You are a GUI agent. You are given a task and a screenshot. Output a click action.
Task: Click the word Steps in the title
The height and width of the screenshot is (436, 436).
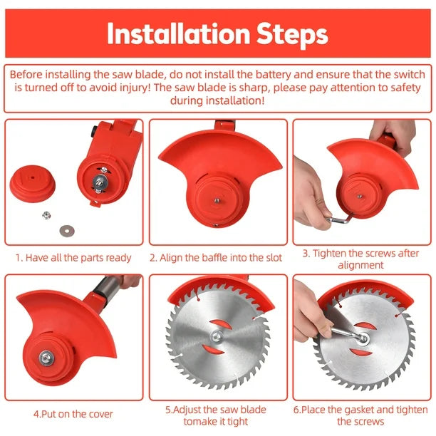coord(292,34)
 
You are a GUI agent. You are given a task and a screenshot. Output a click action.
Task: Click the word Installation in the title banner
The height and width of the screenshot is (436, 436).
coord(178,33)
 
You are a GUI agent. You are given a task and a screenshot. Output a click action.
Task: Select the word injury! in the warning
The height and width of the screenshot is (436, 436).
coord(134,88)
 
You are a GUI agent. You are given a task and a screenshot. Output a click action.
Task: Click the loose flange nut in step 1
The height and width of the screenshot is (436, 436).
coord(46,215)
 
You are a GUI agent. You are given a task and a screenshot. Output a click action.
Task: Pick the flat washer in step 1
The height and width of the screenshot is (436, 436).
coord(67,231)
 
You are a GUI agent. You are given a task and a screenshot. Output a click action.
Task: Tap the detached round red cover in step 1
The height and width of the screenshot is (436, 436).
coord(33,184)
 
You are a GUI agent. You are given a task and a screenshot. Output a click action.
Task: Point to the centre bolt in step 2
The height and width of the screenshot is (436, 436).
coord(217,200)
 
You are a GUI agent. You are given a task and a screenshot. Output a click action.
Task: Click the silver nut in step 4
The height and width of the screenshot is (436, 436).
coord(46,358)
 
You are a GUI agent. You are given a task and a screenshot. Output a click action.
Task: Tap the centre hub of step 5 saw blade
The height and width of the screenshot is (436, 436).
coord(217,336)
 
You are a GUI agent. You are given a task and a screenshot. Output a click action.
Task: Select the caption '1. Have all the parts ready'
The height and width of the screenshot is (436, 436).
coord(73,258)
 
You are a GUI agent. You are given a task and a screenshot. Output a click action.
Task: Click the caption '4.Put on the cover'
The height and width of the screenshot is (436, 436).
coord(73,414)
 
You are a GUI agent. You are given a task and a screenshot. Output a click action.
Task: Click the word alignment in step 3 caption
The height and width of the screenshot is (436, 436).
coord(360,265)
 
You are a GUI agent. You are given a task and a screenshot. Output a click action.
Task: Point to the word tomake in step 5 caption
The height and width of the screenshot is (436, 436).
coord(199,422)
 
